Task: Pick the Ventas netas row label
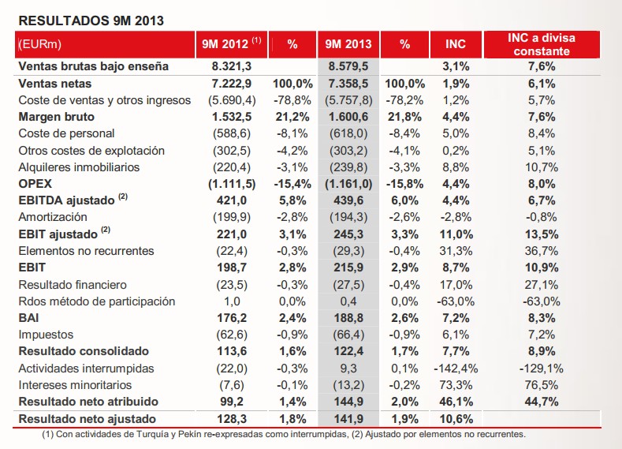point(54,83)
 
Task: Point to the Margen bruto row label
point(57,117)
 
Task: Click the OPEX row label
point(35,184)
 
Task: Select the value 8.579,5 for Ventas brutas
point(348,66)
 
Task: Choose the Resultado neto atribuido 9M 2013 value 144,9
point(348,402)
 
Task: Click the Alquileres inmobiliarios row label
point(79,167)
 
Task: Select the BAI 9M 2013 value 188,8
point(348,318)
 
